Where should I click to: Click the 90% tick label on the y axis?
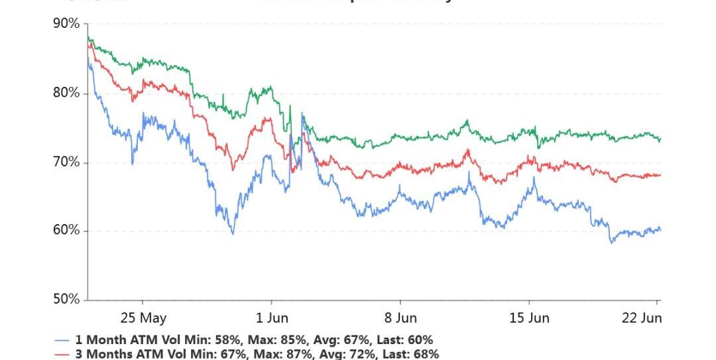[x=66, y=25]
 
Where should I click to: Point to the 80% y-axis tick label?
[x=66, y=93]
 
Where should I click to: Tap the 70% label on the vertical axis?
[x=66, y=162]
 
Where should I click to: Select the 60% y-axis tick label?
[x=66, y=231]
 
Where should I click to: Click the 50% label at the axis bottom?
[x=66, y=300]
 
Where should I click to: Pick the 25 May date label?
[x=144, y=318]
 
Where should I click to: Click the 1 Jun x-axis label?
[x=272, y=318]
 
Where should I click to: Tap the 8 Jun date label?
[x=400, y=318]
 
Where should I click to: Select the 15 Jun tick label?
[x=529, y=318]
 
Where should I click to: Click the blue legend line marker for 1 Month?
[x=62, y=340]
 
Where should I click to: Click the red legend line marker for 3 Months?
[x=62, y=355]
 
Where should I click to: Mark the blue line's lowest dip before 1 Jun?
[x=233, y=233]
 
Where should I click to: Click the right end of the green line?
[x=660, y=139]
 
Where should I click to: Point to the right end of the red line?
[x=660, y=175]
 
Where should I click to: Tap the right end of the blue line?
[x=660, y=230]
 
